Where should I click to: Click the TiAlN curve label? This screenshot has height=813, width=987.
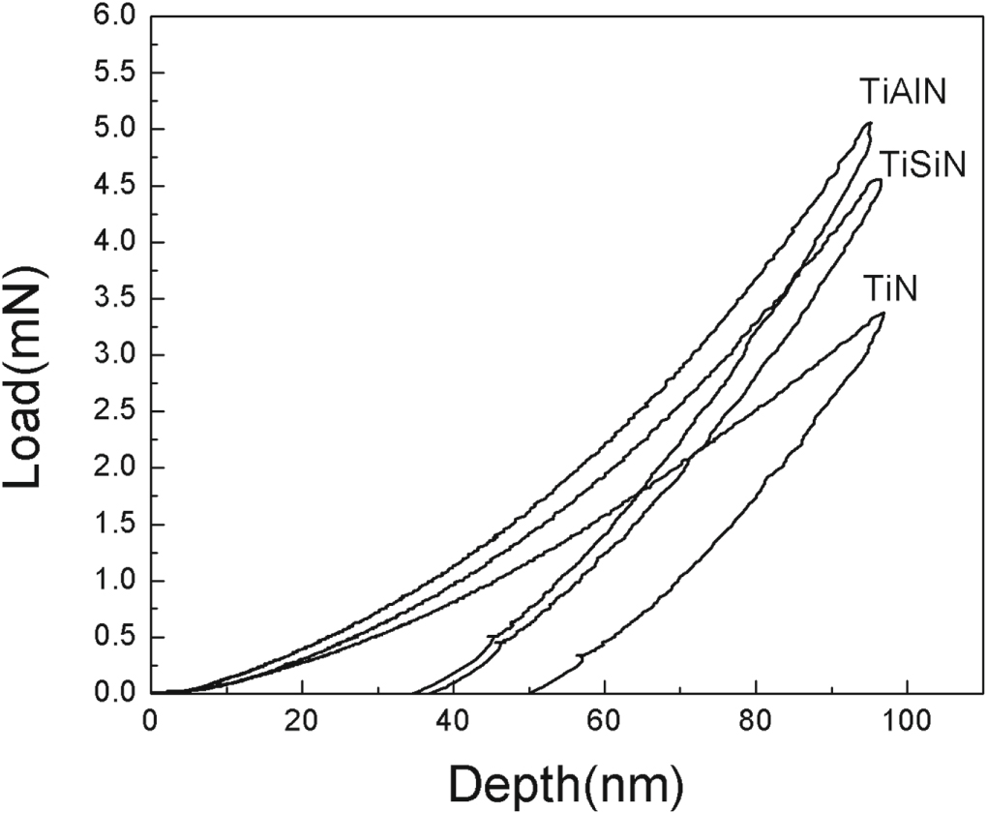click(902, 92)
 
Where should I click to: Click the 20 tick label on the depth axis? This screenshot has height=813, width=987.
click(302, 722)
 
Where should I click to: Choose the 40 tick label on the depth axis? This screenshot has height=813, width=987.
click(453, 722)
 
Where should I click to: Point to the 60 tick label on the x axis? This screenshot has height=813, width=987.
click(605, 722)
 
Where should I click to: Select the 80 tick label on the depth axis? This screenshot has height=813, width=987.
click(756, 722)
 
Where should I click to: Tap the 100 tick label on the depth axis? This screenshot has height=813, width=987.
click(907, 722)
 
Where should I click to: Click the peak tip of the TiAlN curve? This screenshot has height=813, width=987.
click(870, 123)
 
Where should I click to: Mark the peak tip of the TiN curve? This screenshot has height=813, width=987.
click(882, 314)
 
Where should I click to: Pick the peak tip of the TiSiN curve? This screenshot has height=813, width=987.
click(878, 179)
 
